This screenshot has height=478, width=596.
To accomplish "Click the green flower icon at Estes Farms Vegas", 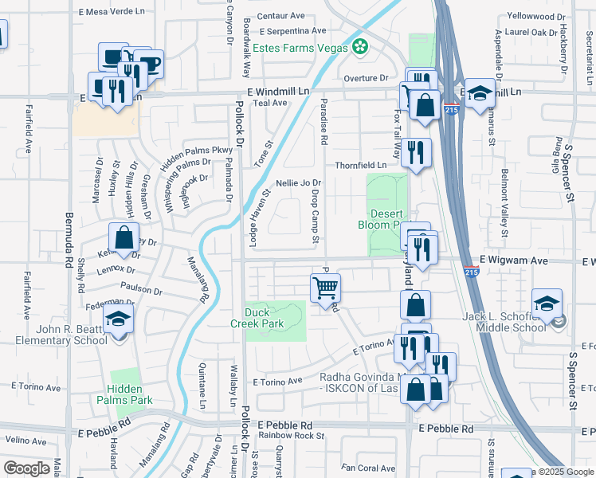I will click(x=361, y=47).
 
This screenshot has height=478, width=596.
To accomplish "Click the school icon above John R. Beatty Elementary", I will click(x=119, y=319).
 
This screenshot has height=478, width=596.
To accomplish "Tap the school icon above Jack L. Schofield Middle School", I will click(x=547, y=304).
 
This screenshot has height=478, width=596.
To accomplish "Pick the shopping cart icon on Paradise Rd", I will click(x=325, y=287).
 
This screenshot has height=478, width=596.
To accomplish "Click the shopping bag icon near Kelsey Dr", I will click(x=124, y=237).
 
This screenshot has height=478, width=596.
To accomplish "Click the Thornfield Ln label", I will click(x=360, y=165).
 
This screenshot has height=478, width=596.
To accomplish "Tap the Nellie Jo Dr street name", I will click(x=298, y=183).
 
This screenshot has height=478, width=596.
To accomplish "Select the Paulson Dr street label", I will click(x=141, y=287).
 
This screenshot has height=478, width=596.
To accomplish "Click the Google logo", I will click(x=26, y=468).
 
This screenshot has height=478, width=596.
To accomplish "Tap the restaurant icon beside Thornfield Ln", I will click(x=415, y=151).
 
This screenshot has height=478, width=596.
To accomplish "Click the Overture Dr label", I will click(x=366, y=78).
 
